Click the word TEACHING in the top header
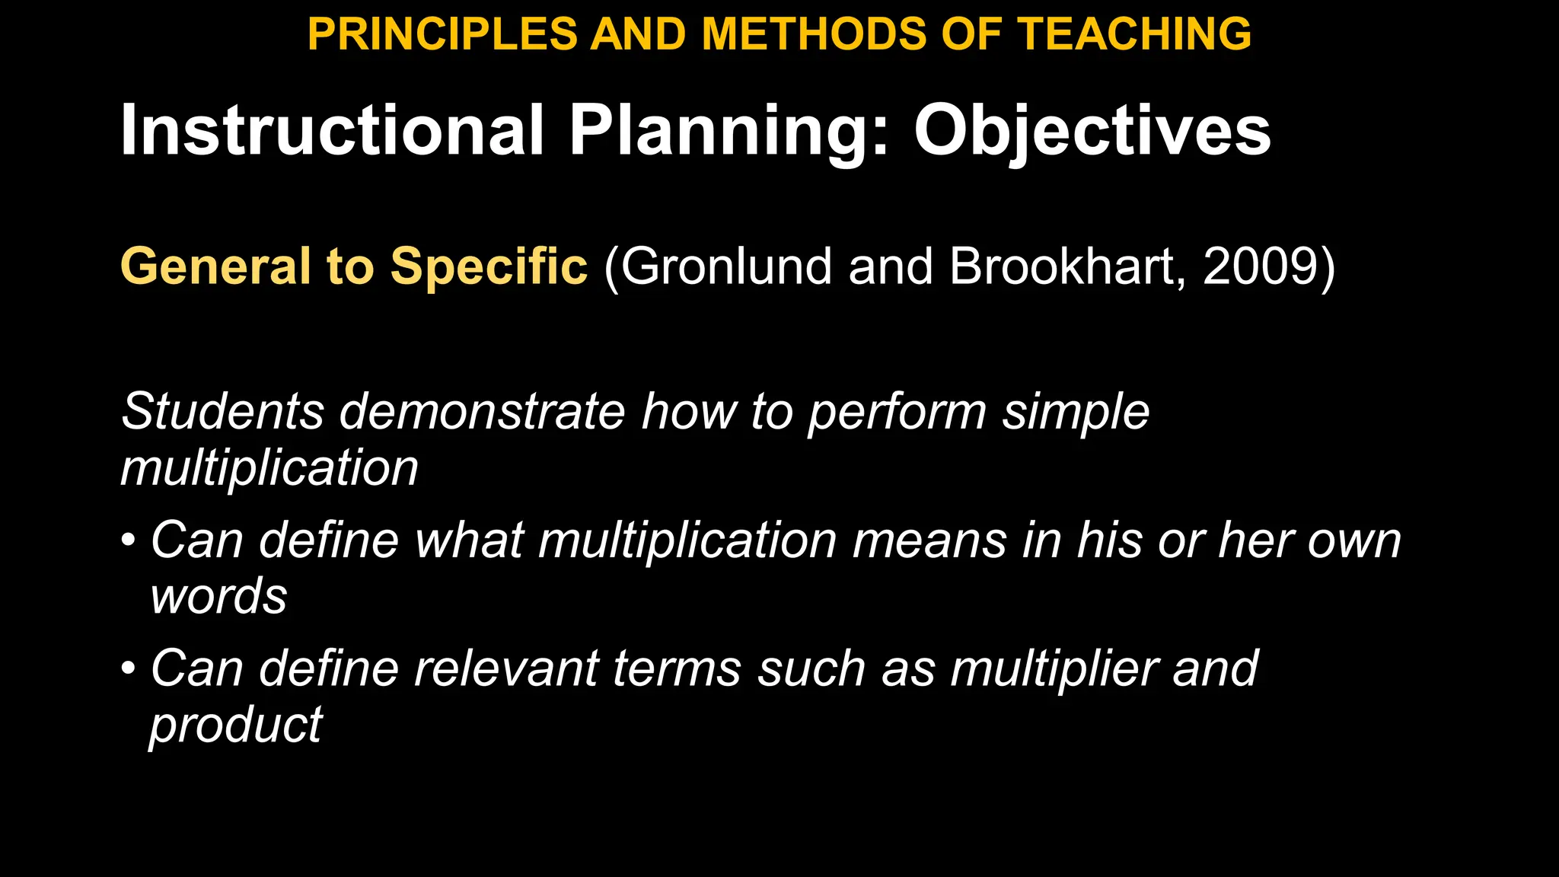tap(1134, 34)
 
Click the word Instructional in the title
tap(333, 130)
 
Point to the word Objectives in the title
tap(1092, 132)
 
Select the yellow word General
tap(215, 266)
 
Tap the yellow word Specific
tap(489, 266)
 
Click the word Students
tap(223, 411)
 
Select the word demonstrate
tap(482, 411)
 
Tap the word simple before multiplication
tap(1075, 413)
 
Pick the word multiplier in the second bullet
tap(1054, 669)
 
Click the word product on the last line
tap(236, 726)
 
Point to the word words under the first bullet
tap(219, 596)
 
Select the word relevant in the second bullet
tap(505, 669)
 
